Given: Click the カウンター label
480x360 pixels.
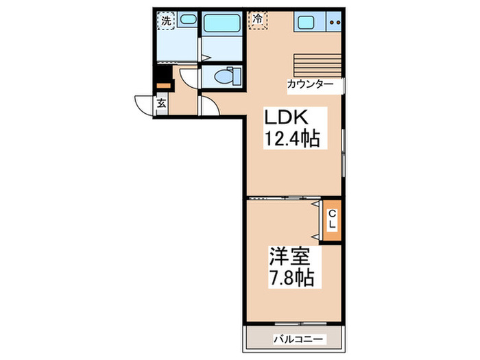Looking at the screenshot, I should point(311,84).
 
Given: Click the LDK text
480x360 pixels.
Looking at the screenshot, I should point(282,117).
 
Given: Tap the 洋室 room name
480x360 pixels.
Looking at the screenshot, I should point(289,259).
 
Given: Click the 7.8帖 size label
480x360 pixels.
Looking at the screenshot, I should point(291,278).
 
